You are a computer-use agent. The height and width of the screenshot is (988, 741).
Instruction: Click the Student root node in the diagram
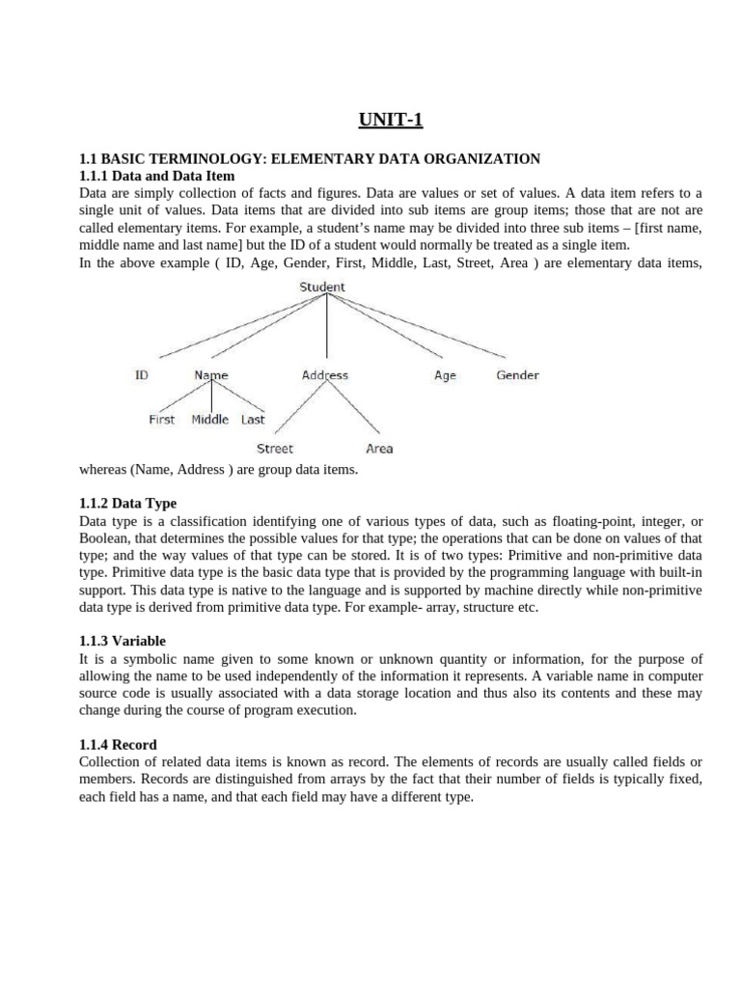[322, 287]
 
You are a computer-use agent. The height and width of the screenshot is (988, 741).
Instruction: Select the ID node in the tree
[142, 375]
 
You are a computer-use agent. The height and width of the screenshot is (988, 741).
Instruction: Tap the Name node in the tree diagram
[211, 375]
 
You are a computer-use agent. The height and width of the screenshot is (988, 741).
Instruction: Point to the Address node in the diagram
[325, 375]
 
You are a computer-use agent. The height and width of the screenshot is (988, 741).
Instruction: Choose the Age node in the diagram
[445, 375]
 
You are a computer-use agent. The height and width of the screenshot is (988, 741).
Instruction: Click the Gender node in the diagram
[517, 375]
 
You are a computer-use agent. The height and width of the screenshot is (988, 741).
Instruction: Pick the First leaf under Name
[162, 420]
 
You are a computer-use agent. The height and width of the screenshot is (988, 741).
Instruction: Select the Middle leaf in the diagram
[210, 420]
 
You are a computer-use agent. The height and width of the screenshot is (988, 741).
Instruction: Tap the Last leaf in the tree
[253, 420]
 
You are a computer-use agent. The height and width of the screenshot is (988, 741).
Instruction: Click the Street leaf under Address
[275, 449]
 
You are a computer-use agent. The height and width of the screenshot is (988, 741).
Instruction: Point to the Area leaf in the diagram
[379, 449]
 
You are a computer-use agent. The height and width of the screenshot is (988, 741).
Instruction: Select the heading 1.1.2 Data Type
[127, 504]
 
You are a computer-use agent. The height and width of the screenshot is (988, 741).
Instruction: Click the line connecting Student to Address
[326, 328]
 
